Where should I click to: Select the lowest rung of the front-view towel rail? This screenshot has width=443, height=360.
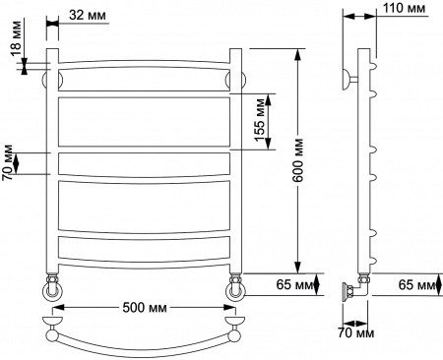142,247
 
